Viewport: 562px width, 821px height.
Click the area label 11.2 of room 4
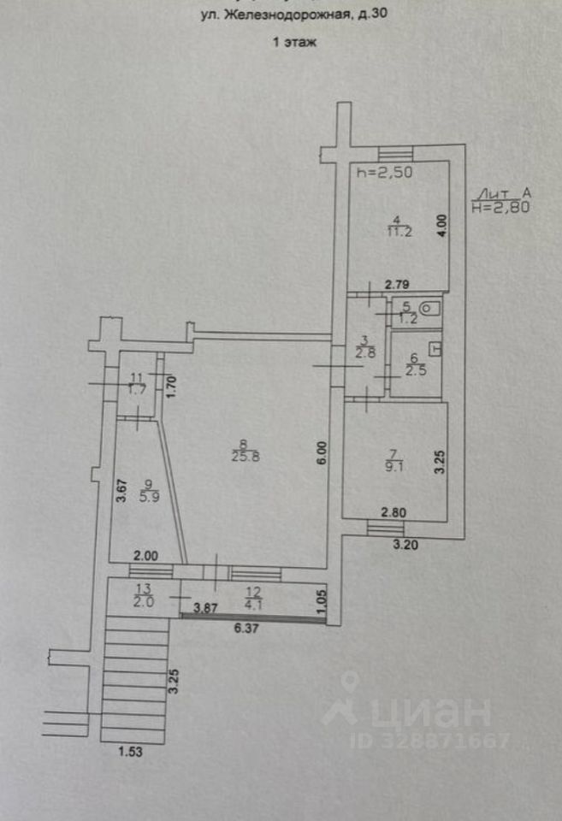(396, 231)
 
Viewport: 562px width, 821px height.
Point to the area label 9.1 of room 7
(393, 467)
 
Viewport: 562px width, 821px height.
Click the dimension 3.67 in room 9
(122, 491)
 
